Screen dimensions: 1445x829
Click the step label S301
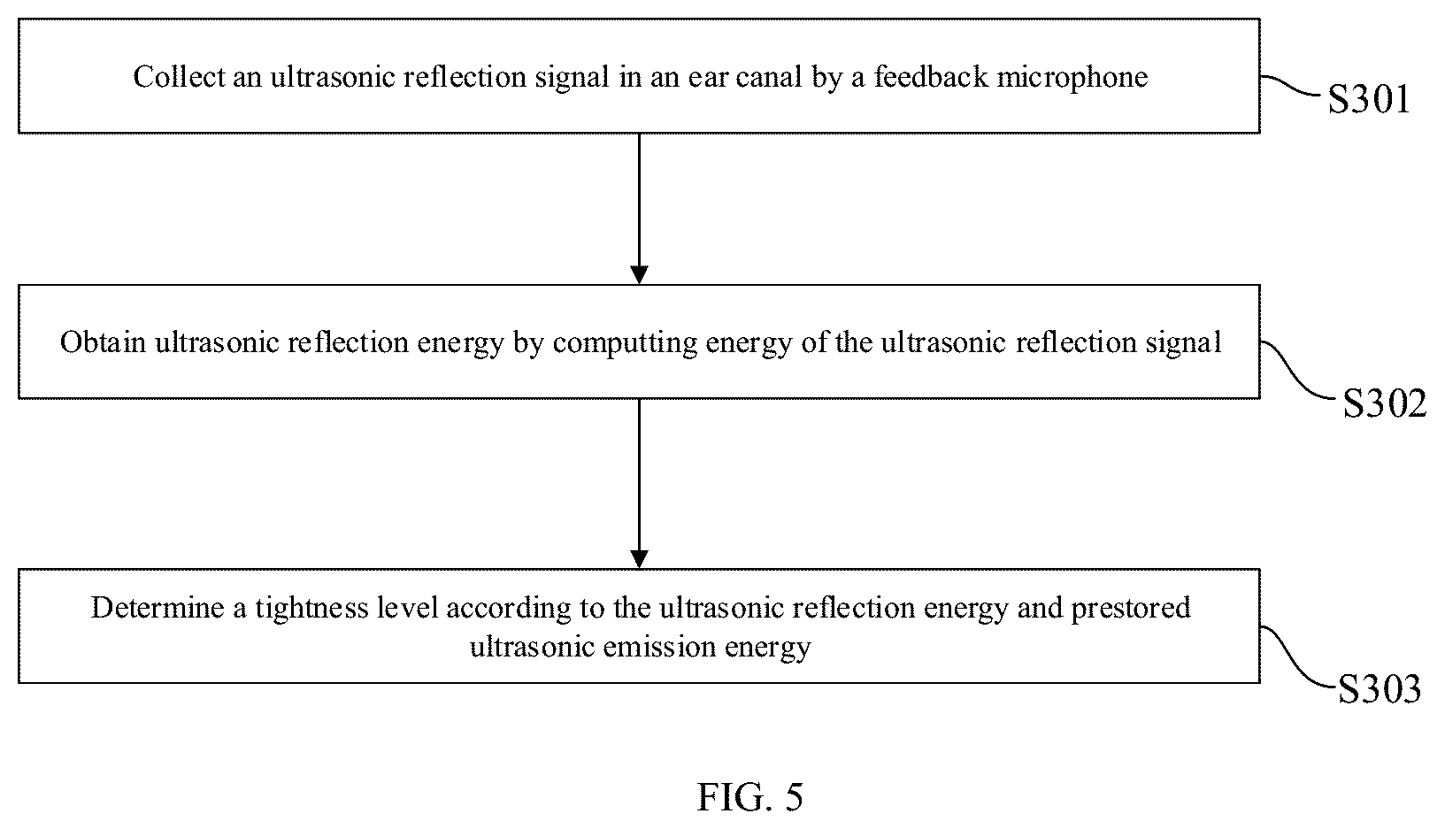1368,100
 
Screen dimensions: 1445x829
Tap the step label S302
1384,403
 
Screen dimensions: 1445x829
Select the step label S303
1380,688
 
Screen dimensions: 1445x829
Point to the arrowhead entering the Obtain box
639,275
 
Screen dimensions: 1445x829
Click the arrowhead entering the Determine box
639,559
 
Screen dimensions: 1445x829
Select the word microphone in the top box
1072,78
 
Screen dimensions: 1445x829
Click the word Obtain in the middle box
104,342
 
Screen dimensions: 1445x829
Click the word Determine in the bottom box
158,607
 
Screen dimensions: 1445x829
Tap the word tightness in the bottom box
311,609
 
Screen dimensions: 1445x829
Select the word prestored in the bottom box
1131,609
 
